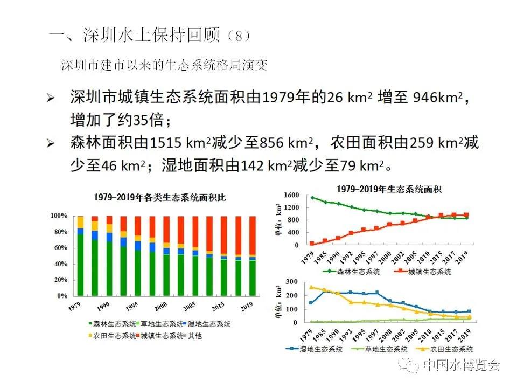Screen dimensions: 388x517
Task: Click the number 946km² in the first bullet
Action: coord(437,98)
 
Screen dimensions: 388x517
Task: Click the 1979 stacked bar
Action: coord(80,256)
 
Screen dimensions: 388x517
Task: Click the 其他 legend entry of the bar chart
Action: coord(192,336)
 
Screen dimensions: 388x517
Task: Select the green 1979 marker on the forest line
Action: coord(312,198)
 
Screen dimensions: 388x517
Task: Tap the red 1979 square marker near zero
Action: coord(312,244)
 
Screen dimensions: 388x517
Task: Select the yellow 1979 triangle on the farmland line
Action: coord(312,287)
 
